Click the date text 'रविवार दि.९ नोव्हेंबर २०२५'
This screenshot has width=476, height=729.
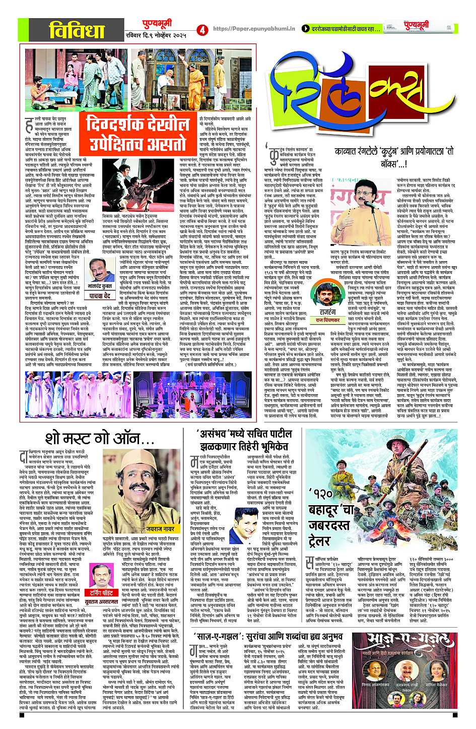[157, 35]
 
